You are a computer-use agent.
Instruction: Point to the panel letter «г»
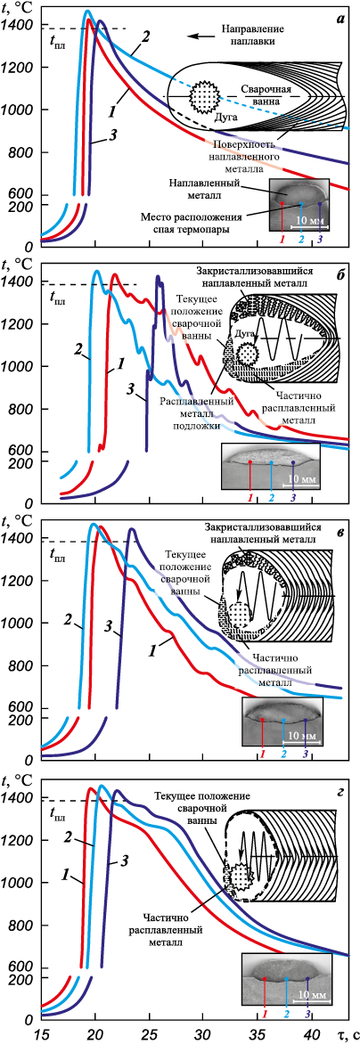click(x=339, y=787)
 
